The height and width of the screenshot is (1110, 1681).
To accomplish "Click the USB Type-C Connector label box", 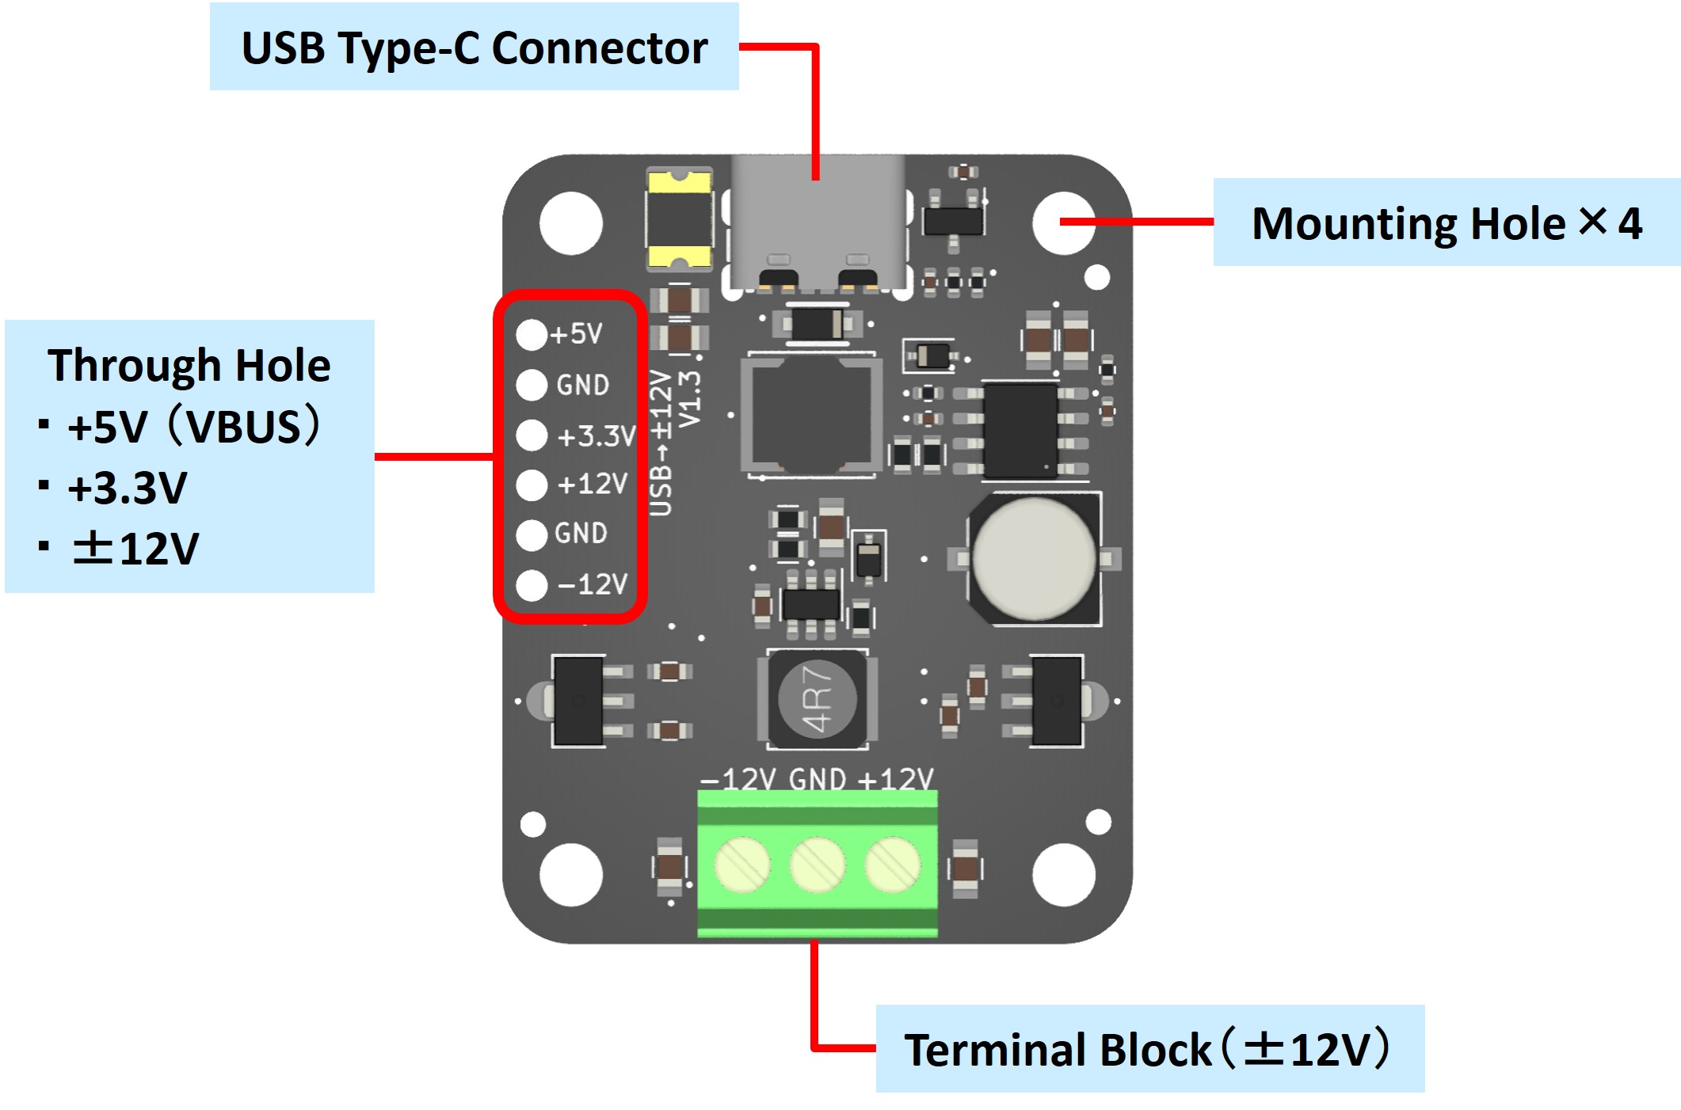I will tap(474, 48).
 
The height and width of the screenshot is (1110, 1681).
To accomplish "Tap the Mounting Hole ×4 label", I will tap(1446, 222).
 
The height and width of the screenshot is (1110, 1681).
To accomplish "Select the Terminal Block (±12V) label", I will tap(1149, 1049).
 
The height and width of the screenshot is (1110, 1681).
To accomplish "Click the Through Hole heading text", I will tap(189, 365).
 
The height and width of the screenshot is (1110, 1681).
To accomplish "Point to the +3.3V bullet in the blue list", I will tap(128, 488).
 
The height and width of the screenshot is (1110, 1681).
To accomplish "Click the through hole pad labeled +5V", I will tap(532, 335).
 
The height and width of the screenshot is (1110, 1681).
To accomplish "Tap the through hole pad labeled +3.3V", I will tap(532, 435).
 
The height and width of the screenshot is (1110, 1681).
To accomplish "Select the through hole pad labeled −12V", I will tap(532, 585).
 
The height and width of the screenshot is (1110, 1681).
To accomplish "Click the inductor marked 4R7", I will tap(818, 700).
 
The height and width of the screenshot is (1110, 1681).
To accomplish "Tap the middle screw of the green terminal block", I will tap(818, 865).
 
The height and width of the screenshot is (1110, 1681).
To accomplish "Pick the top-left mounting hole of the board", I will tap(570, 223).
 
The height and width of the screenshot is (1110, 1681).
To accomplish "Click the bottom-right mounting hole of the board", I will tap(1064, 875).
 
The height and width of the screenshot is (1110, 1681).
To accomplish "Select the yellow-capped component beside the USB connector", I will tap(679, 219).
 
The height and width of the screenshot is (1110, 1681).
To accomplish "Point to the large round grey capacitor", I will tap(1034, 559).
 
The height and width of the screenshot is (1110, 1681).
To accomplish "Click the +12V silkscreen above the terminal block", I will tap(896, 779).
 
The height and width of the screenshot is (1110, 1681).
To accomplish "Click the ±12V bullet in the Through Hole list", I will tap(135, 548).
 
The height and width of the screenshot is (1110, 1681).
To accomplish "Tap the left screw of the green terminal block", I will tap(742, 865).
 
